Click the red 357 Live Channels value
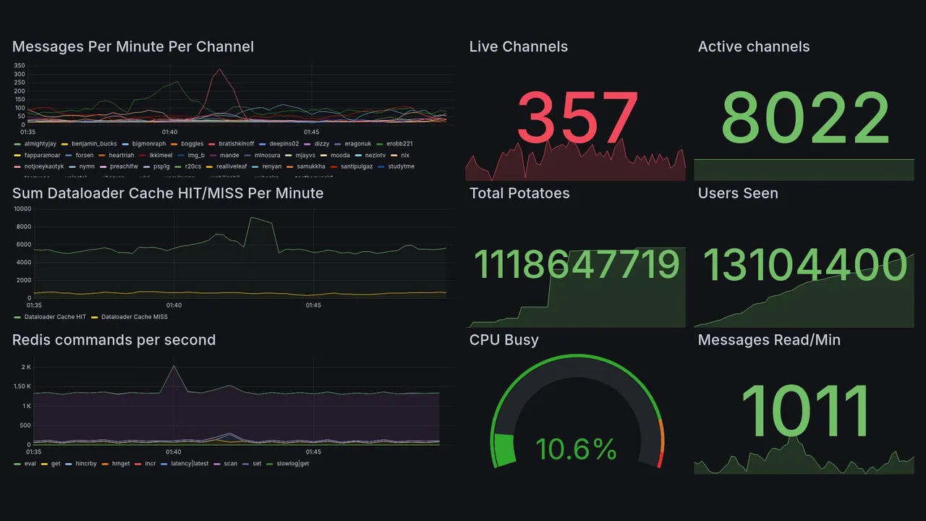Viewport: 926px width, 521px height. (x=577, y=118)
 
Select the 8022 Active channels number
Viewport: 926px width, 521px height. (x=805, y=118)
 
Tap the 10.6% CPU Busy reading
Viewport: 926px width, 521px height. (x=576, y=449)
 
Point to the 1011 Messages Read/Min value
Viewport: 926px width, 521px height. (x=805, y=411)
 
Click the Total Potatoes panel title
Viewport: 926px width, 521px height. (x=519, y=193)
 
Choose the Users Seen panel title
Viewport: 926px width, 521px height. (x=738, y=193)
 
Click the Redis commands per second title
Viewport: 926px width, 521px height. (x=114, y=340)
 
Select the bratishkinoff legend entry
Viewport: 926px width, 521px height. (x=234, y=144)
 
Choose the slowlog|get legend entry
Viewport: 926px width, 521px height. (x=292, y=463)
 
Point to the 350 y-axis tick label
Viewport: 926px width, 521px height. (x=20, y=66)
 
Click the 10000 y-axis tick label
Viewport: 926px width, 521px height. (x=22, y=209)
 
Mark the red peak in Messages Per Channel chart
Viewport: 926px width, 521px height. (x=219, y=70)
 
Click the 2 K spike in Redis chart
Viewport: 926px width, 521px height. (x=174, y=366)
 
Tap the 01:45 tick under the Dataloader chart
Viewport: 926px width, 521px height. (x=313, y=305)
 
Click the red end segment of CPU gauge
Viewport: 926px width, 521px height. (x=659, y=459)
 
